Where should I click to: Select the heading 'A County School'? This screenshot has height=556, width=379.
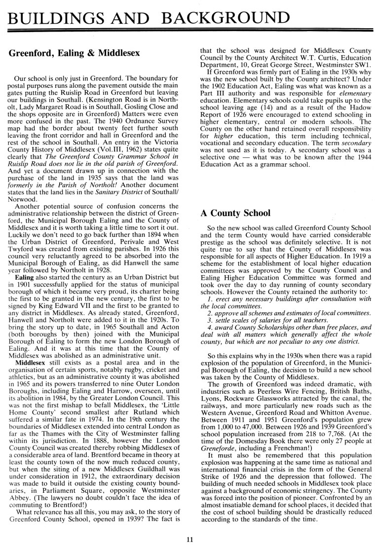235,213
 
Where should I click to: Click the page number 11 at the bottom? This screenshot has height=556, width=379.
189,539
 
